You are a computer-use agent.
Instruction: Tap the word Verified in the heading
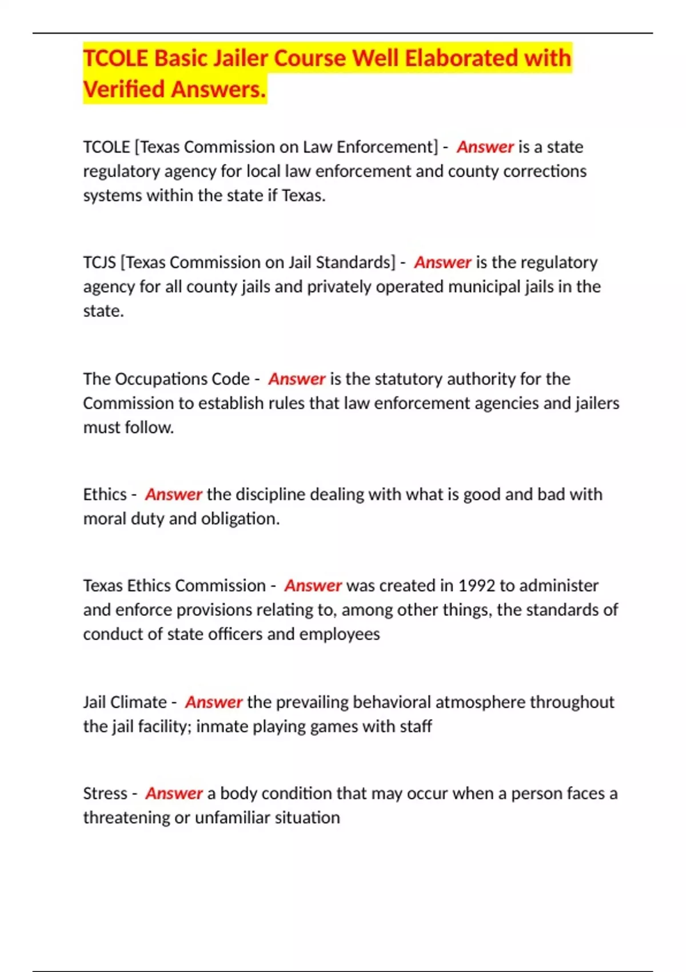coord(124,89)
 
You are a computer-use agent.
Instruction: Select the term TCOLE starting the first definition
coord(106,147)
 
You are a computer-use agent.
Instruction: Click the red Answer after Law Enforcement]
coord(485,147)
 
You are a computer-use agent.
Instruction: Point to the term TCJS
coord(99,262)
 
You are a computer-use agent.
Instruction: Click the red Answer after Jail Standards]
coord(442,262)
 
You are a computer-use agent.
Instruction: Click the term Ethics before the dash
coord(105,495)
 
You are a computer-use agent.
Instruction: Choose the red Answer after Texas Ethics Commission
coord(313,585)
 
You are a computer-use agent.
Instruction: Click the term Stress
coord(105,794)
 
